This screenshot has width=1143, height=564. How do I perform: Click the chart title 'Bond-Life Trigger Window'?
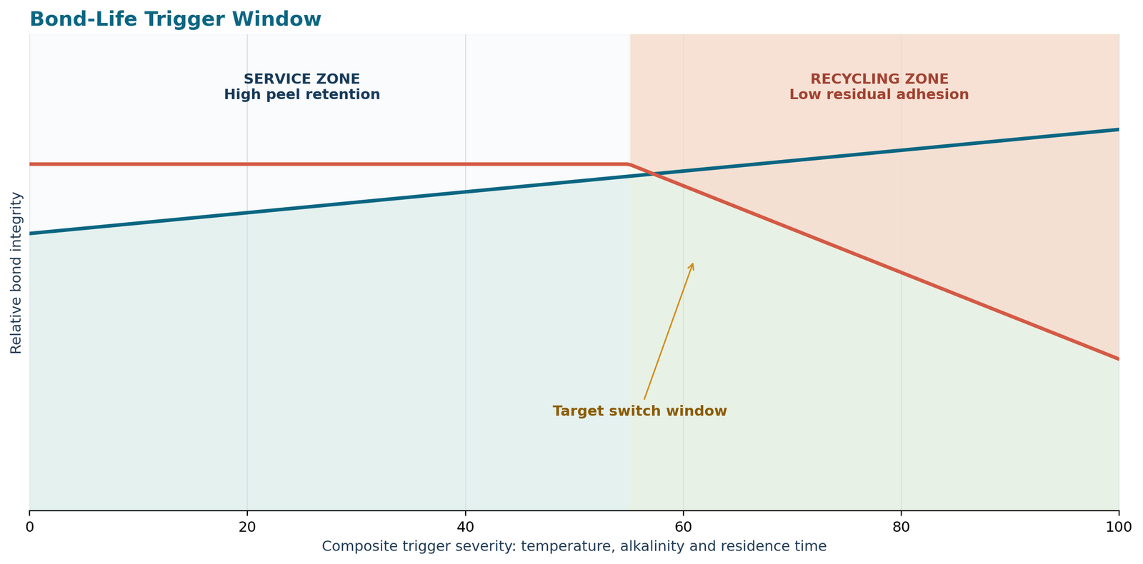pyautogui.click(x=176, y=19)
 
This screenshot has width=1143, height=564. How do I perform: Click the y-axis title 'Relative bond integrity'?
pyautogui.click(x=16, y=273)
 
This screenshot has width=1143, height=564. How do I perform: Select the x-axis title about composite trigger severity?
pyautogui.click(x=574, y=547)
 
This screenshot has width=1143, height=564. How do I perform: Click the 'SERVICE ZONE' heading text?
pyautogui.click(x=301, y=79)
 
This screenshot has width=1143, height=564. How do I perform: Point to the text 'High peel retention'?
pyautogui.click(x=302, y=95)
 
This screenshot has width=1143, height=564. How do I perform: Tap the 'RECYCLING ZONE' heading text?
pyautogui.click(x=879, y=79)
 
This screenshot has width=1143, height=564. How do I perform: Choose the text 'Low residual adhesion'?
pyautogui.click(x=879, y=95)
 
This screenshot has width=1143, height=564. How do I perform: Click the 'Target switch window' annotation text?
pyautogui.click(x=640, y=411)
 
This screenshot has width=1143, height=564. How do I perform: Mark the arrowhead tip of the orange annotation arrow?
pyautogui.click(x=693, y=263)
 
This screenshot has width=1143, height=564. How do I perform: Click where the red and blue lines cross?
pyautogui.click(x=652, y=174)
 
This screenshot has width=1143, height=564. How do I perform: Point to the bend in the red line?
pyautogui.click(x=629, y=164)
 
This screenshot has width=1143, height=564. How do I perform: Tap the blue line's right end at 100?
pyautogui.click(x=1119, y=129)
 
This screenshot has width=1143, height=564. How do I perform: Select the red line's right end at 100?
pyautogui.click(x=1119, y=360)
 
